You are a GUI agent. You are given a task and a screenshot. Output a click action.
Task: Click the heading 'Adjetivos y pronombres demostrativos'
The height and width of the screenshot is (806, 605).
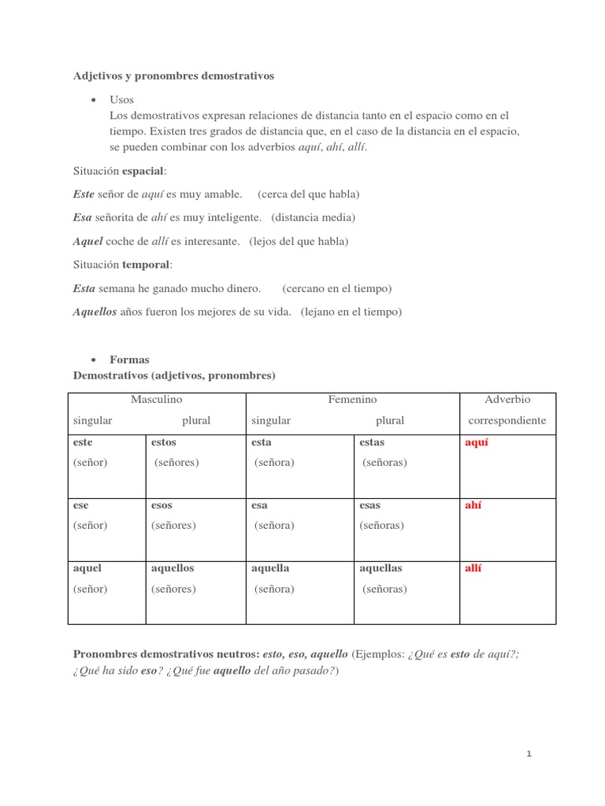click(173, 76)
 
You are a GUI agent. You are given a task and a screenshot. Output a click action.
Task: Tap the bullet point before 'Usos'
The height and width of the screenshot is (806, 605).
click(94, 100)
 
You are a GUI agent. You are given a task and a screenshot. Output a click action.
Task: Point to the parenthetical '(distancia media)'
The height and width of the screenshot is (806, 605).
click(313, 217)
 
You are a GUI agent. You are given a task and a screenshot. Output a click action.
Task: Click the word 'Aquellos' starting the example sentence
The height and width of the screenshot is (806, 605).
click(95, 312)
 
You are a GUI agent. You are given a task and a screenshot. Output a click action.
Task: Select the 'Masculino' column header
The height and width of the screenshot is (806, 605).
click(156, 400)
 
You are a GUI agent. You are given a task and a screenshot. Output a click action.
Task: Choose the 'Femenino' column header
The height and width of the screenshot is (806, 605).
click(352, 400)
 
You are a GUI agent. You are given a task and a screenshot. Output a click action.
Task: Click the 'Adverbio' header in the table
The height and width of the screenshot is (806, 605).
click(507, 400)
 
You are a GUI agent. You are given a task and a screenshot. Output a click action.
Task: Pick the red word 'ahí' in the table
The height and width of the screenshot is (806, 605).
click(474, 505)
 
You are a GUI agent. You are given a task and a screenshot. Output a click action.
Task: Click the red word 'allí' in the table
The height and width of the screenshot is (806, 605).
click(473, 568)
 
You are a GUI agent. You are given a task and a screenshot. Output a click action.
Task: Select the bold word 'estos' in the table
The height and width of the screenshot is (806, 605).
click(164, 442)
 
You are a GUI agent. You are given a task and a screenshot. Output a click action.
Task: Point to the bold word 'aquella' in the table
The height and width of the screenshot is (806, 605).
click(270, 568)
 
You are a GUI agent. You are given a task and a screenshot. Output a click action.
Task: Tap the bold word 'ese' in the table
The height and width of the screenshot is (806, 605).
click(81, 505)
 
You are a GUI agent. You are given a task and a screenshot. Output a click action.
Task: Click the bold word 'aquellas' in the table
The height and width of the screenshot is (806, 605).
click(380, 568)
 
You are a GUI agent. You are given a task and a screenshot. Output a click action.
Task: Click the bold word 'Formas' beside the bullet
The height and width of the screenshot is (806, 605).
click(129, 360)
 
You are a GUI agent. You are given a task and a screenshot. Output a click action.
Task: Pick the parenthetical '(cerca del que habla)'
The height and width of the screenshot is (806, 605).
click(308, 194)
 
